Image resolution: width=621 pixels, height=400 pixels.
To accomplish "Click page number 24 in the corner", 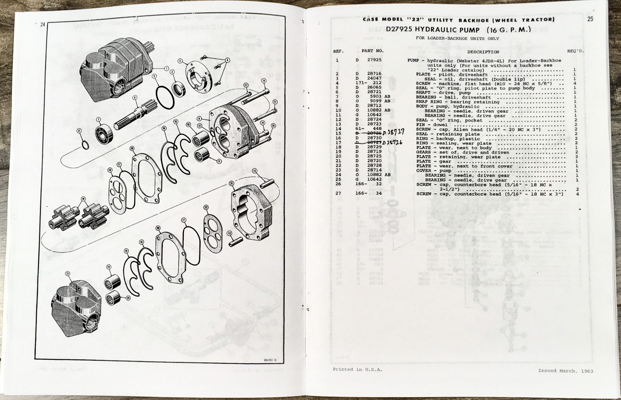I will tap(43, 25).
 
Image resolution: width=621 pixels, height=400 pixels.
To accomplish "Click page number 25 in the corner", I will tap(590, 19).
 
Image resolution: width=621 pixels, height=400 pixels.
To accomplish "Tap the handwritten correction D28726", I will tap(392, 142).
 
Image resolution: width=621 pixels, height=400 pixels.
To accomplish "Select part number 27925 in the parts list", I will tap(374, 60).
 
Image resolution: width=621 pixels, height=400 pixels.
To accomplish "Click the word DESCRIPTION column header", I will tap(483, 52).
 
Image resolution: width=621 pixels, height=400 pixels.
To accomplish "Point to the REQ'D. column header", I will tap(575, 51).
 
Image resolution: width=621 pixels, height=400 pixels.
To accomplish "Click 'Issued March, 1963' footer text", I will tap(565, 371).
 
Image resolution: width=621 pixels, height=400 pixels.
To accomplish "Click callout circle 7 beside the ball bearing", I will tap(98, 120).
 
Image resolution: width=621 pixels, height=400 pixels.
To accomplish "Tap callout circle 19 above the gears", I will tap(83, 199).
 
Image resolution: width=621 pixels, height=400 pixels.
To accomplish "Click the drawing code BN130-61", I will tap(270, 360).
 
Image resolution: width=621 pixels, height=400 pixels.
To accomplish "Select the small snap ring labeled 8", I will tap(85, 145).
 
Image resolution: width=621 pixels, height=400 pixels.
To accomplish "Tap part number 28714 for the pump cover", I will tap(374, 170).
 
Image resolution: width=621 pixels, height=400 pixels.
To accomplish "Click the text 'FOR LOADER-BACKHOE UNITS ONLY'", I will tap(457, 39).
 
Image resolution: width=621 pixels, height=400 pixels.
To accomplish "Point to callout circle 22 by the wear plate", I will tap(206, 207).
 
